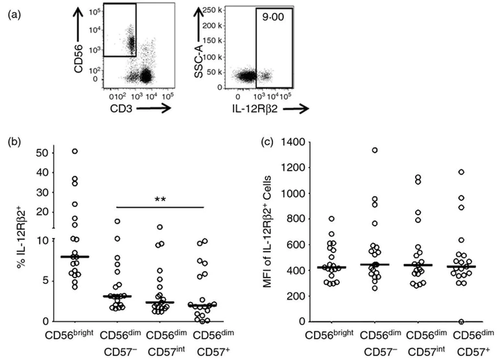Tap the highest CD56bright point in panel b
click(75, 151)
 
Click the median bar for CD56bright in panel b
click(75, 257)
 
